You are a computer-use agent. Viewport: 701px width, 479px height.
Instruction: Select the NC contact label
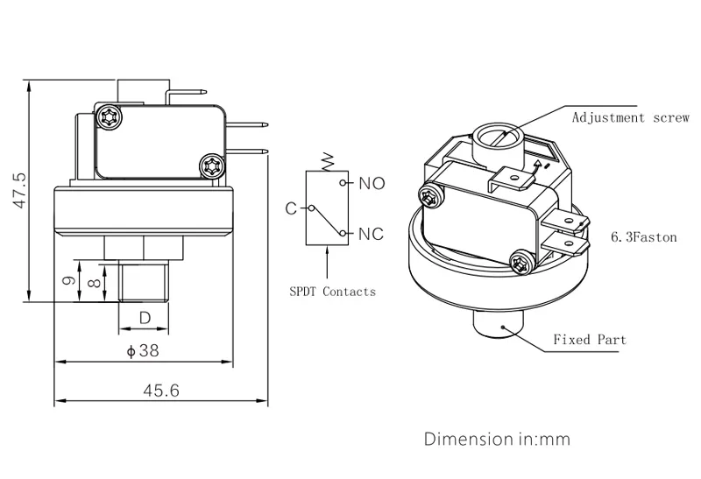pyautogui.click(x=372, y=234)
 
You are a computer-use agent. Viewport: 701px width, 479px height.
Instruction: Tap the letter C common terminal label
pyautogui.click(x=290, y=208)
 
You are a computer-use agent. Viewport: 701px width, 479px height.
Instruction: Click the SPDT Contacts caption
pyautogui.click(x=333, y=292)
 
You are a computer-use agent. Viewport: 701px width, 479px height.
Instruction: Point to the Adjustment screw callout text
pyautogui.click(x=631, y=117)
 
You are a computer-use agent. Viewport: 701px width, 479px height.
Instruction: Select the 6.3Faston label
pyautogui.click(x=644, y=237)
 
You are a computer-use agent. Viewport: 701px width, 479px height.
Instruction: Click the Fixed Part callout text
pyautogui.click(x=590, y=340)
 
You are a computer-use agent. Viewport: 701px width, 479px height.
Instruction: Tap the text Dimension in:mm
pyautogui.click(x=497, y=438)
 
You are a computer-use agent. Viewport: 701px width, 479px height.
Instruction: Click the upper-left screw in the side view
pyautogui.click(x=110, y=116)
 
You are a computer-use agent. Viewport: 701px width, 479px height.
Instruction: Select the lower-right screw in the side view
pyautogui.click(x=210, y=165)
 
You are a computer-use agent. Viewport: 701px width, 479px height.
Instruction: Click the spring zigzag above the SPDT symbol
pyautogui.click(x=328, y=161)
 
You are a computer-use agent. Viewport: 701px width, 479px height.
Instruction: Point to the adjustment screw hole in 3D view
pyautogui.click(x=496, y=138)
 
